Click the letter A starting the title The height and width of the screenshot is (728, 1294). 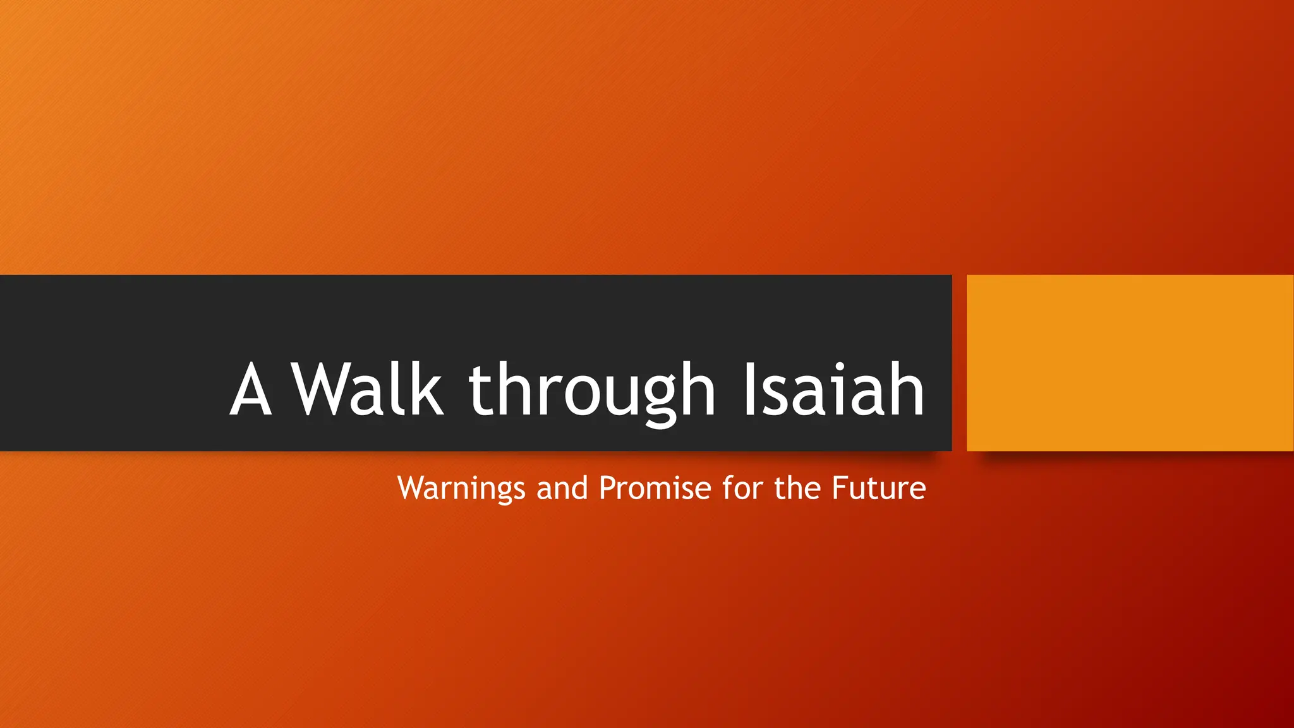[x=251, y=391]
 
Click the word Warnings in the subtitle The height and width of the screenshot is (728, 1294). [x=461, y=488]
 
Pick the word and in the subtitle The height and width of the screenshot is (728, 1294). [x=562, y=488]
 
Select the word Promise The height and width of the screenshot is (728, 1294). [x=655, y=488]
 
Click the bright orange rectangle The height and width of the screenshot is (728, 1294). [x=1130, y=363]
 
